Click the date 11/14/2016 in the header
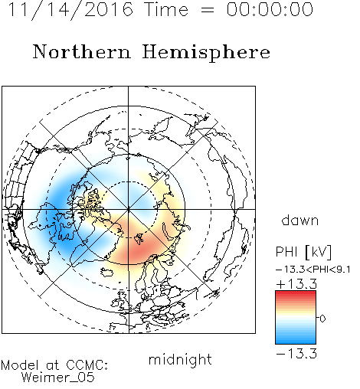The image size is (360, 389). point(70,10)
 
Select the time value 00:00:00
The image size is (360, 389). point(270,9)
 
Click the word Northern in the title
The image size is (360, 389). point(82,52)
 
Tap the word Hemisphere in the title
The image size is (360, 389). point(206,53)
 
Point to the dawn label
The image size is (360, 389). point(300,220)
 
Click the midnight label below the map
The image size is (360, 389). point(180,359)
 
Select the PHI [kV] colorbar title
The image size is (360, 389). point(303,252)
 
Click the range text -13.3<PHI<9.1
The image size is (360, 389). point(313,270)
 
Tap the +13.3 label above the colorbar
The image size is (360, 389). point(296,284)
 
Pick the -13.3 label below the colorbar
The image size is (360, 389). point(296,354)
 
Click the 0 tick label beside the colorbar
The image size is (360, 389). point(322,319)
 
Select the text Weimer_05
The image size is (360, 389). point(58,378)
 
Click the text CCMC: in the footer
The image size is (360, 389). point(87,365)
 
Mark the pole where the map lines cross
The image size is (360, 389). point(129,210)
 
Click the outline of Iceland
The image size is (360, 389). point(107,272)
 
